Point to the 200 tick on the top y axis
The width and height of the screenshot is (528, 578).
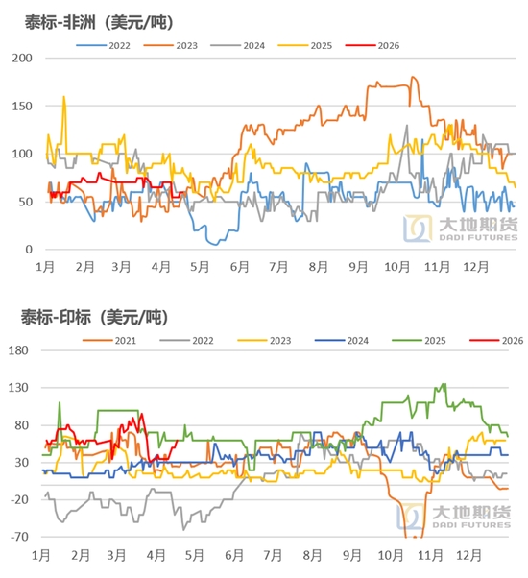20,58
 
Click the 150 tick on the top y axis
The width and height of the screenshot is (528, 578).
20,106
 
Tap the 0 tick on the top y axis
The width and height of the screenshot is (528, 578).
27,250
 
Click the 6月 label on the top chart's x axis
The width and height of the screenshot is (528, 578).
239,268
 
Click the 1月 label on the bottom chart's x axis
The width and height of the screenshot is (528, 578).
41,556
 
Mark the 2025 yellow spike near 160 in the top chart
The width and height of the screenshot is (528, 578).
63,96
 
